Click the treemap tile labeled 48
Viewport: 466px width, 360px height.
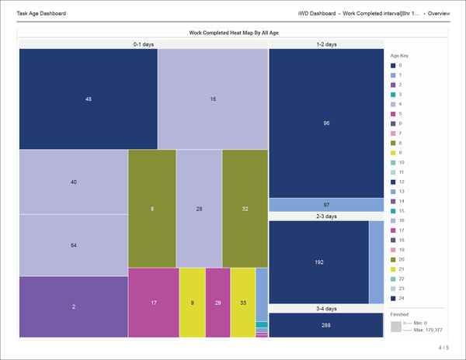point(88,99)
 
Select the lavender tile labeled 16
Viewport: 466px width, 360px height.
point(213,99)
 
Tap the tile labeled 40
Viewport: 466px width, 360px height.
point(73,182)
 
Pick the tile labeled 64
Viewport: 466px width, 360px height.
point(73,245)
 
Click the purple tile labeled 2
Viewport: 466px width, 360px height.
point(73,306)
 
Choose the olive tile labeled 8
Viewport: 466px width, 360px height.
point(151,209)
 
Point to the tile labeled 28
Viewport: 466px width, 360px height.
point(199,209)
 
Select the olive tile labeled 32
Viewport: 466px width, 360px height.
point(245,209)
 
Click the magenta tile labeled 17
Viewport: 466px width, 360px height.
point(153,303)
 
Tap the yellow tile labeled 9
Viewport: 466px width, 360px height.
point(192,303)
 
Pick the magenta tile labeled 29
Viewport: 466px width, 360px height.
point(217,303)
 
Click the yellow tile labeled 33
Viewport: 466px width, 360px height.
point(242,303)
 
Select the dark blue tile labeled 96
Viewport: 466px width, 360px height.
point(326,123)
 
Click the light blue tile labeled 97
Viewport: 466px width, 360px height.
point(326,205)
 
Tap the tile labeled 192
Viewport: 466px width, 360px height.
point(318,262)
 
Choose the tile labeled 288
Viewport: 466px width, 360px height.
point(326,325)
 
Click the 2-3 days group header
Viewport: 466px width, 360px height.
point(326,216)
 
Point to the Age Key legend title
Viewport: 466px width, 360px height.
point(398,56)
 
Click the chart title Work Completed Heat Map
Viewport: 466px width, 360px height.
point(232,33)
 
